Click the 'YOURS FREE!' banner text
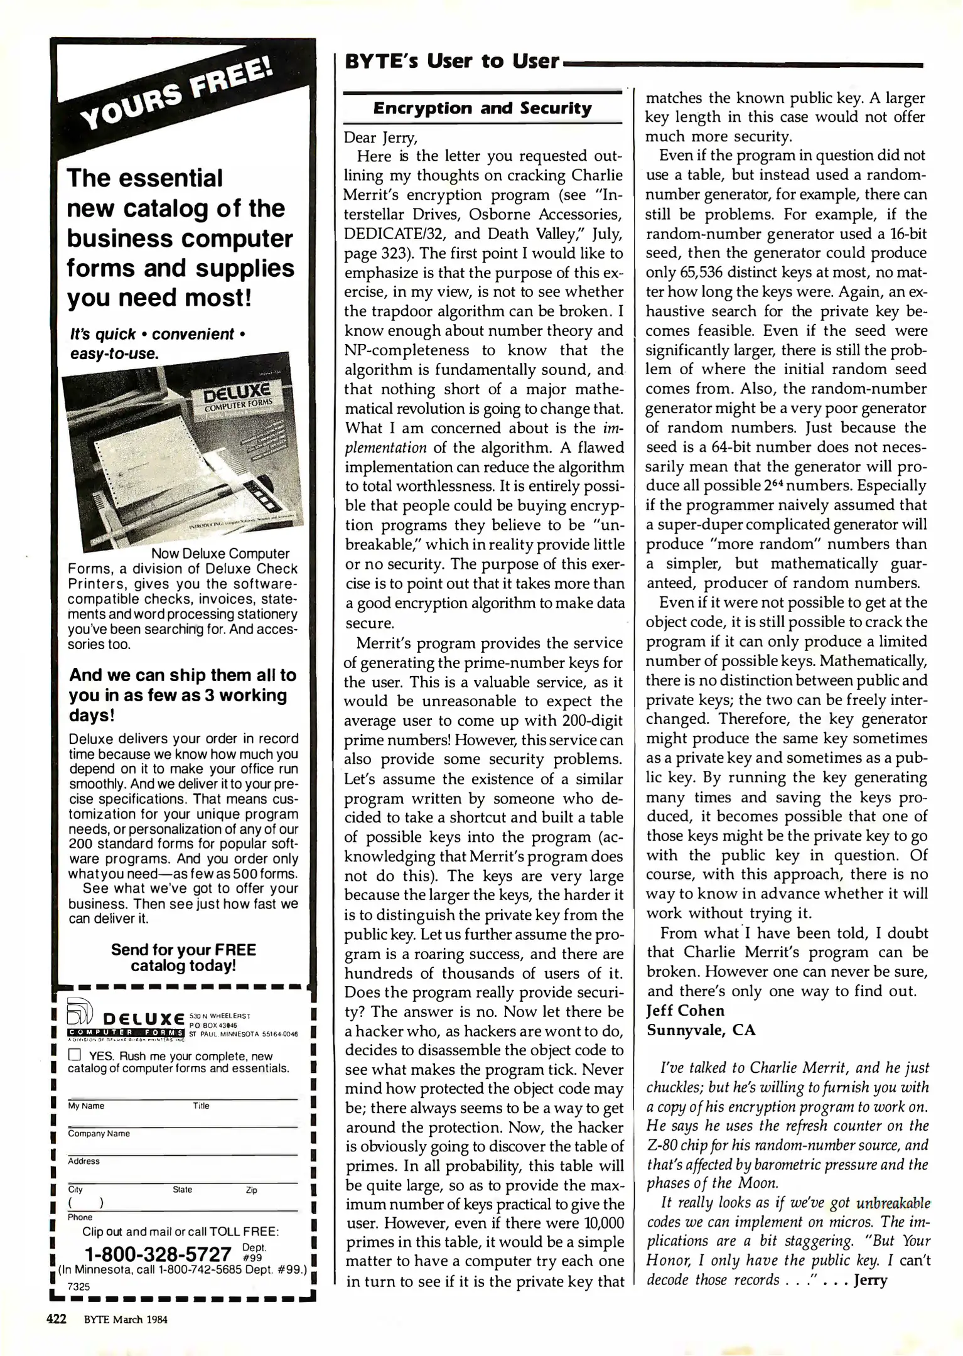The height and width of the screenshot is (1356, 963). [179, 94]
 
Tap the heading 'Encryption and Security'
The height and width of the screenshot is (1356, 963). [482, 109]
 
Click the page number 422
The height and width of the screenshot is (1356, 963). [57, 1319]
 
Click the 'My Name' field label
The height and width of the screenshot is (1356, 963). [86, 1106]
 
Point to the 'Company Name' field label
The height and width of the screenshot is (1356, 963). [99, 1134]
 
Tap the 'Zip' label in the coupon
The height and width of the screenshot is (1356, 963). [251, 1190]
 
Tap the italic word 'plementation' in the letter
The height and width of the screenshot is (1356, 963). [385, 448]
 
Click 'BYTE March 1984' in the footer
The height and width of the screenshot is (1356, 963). [126, 1320]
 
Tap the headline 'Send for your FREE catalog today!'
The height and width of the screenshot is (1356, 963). [183, 958]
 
